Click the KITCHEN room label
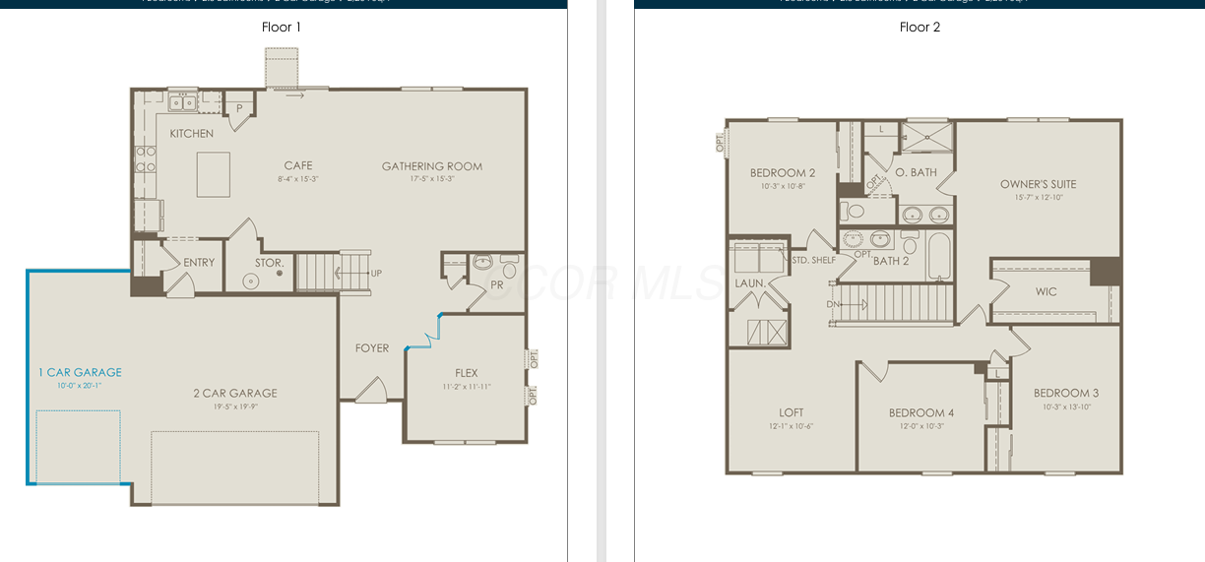point(191,134)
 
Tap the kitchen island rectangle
point(214,175)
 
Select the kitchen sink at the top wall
point(181,101)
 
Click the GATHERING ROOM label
point(432,166)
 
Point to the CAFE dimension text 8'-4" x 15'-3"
point(297,179)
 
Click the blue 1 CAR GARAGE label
point(80,372)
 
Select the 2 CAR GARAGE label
point(234,393)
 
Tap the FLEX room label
point(467,373)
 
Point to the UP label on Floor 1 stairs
point(376,273)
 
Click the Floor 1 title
point(282,27)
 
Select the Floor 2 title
point(920,27)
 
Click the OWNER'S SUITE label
point(1038,184)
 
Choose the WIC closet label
point(1046,292)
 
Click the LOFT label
point(791,412)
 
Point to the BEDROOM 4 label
point(920,412)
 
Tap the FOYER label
point(372,348)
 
